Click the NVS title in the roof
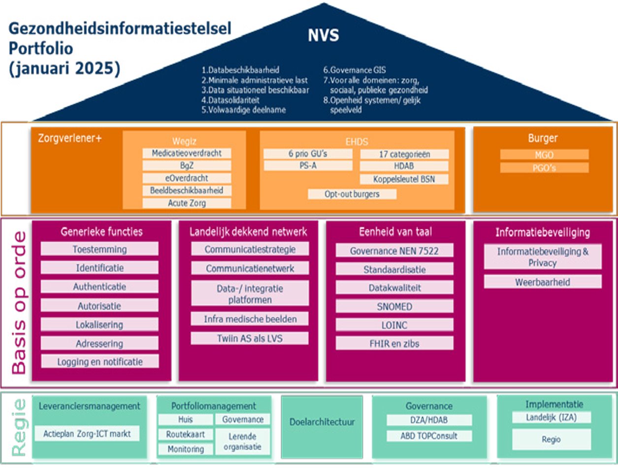(324, 35)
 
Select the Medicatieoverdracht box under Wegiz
(187, 153)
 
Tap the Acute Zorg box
(187, 203)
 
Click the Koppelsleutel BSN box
(404, 179)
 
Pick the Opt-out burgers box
(352, 194)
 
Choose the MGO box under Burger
(544, 155)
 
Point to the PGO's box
(544, 168)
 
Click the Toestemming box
(99, 249)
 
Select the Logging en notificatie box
(99, 362)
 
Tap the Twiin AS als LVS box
(250, 338)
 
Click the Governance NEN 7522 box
(394, 251)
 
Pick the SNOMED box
(394, 307)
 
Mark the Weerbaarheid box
(542, 282)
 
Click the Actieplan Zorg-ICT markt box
(87, 434)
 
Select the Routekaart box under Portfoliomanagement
(185, 435)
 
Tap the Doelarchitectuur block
(322, 422)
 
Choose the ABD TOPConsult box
(429, 436)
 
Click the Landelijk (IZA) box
(551, 417)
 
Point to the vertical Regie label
(19, 427)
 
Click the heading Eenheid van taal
(395, 232)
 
